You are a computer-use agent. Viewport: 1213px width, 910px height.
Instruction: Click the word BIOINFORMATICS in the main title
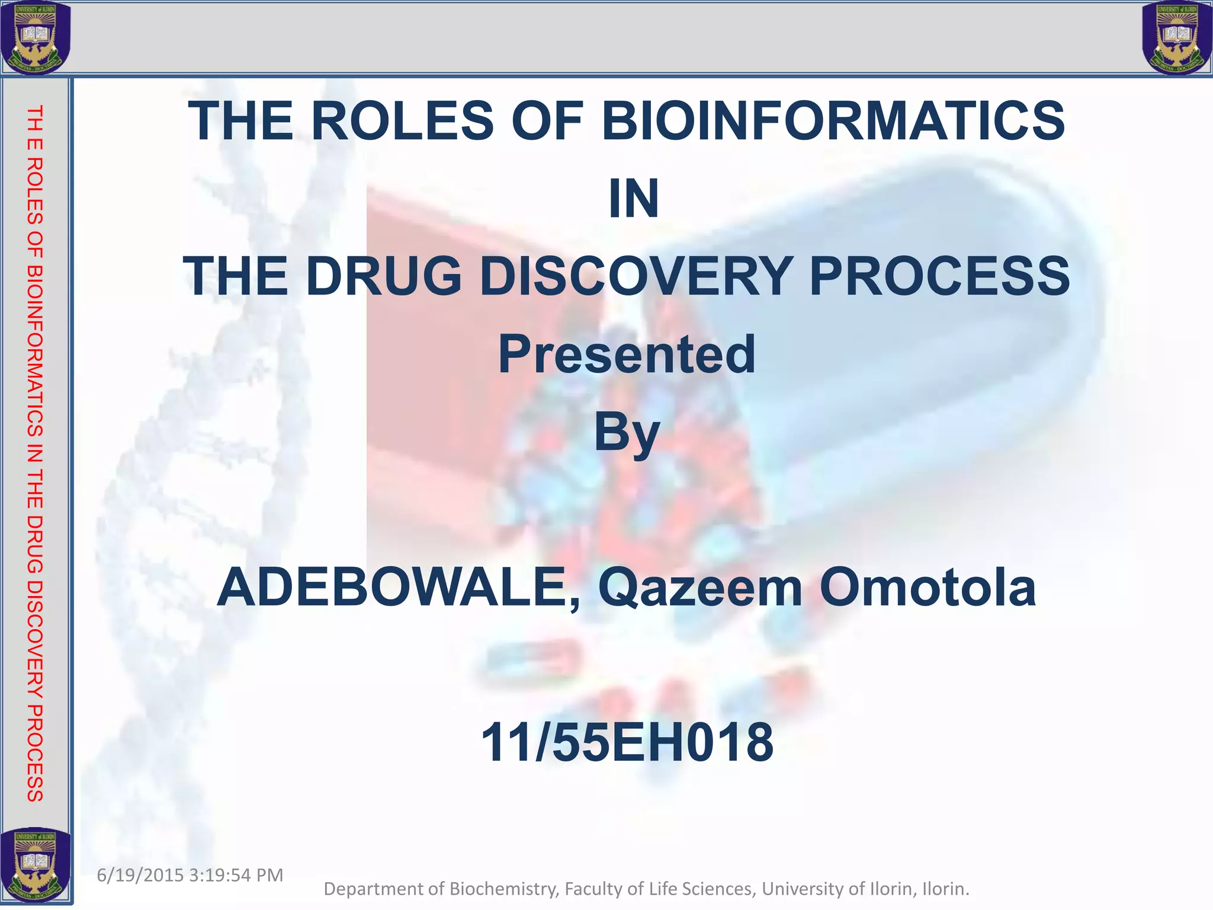click(833, 121)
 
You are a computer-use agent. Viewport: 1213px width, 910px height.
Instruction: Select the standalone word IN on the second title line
click(633, 198)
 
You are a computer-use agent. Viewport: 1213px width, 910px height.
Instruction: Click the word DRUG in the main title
click(383, 276)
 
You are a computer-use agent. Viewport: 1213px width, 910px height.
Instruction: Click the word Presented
click(627, 354)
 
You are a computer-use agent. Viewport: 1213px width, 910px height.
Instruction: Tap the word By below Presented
click(627, 434)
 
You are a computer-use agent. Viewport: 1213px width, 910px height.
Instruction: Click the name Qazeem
click(699, 588)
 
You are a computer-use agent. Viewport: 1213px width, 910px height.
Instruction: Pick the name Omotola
click(928, 588)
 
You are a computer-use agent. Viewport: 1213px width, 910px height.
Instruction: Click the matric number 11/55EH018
click(627, 743)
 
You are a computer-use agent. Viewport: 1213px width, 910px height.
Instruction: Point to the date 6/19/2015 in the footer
click(140, 875)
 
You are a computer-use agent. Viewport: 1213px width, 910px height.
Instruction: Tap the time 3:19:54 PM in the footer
click(236, 875)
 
